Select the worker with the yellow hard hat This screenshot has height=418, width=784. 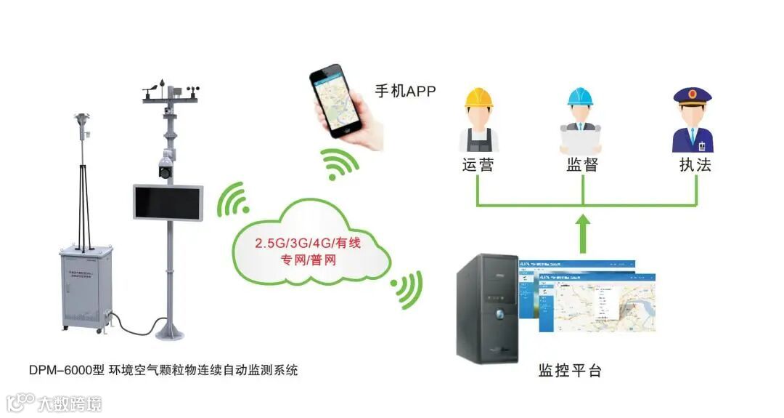click(x=478, y=119)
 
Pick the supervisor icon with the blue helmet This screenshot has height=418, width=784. click(x=581, y=119)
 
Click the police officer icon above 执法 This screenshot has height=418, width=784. click(x=693, y=119)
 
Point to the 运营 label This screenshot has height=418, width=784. click(x=478, y=164)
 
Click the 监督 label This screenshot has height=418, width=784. click(x=582, y=164)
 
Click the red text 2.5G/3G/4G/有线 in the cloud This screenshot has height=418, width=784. click(x=309, y=242)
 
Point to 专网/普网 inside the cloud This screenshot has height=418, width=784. click(x=308, y=260)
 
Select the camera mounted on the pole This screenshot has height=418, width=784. click(x=166, y=165)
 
